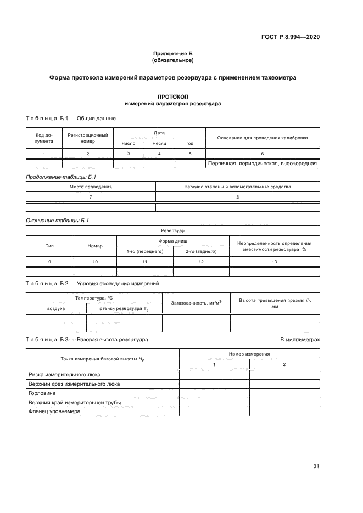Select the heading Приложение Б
point(172,53)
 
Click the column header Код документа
point(44,138)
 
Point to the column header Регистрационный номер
point(88,138)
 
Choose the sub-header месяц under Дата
point(159,143)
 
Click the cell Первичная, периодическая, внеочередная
point(263,163)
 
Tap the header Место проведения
point(91,187)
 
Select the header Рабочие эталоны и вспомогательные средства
point(237,187)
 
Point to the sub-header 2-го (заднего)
point(200,251)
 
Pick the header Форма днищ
point(173,241)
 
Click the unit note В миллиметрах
point(300,340)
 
